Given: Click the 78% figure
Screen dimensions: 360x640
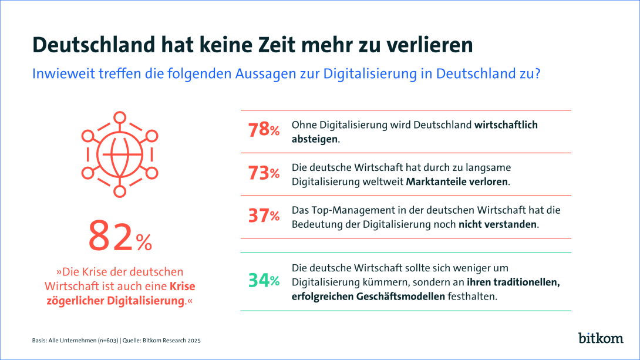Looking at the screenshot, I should click(x=264, y=130).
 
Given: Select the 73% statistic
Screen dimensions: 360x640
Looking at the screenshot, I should click(x=264, y=173).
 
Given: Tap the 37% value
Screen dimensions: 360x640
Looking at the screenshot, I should click(x=264, y=216).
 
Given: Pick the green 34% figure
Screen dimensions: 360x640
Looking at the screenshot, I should click(x=264, y=281).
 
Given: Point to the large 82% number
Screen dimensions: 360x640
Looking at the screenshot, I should click(x=120, y=236).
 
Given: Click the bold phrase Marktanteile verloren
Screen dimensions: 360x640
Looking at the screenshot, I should click(x=457, y=181).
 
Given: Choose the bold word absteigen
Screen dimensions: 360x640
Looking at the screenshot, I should click(x=315, y=139).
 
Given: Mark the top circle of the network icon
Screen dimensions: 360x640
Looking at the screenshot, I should click(x=120, y=117).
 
